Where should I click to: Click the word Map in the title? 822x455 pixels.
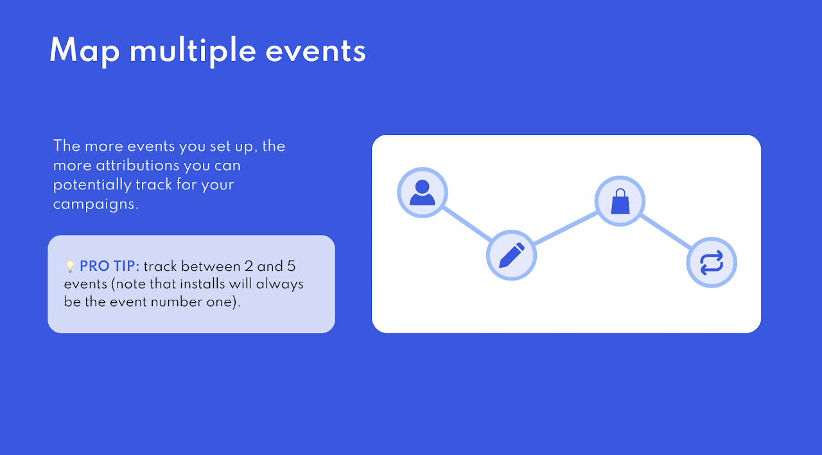tap(85, 51)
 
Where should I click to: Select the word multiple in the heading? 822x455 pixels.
tap(193, 51)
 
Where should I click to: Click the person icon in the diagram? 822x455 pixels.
tap(422, 193)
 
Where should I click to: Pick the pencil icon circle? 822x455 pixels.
tap(512, 255)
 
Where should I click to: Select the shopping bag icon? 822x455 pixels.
tap(620, 201)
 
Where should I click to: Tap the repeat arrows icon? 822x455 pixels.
tap(712, 262)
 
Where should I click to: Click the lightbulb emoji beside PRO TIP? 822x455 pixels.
tap(70, 266)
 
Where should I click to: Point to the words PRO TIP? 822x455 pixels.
tap(109, 266)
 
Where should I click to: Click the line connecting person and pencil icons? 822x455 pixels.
tap(467, 224)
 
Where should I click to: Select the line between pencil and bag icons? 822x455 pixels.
tap(566, 228)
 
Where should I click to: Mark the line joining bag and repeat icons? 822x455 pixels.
tap(666, 232)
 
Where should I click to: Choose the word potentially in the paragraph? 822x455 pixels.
tap(92, 185)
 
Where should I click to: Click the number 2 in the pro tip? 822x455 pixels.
tap(249, 266)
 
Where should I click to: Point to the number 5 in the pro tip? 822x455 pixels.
tap(291, 266)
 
